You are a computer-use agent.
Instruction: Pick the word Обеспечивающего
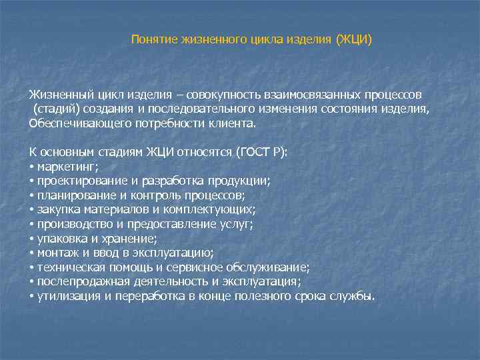coord(72,123)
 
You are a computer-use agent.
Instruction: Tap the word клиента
coord(233,123)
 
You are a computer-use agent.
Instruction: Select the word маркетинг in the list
coord(67,166)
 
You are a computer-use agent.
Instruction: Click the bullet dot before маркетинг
coord(32,167)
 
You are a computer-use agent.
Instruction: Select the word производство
coord(71,224)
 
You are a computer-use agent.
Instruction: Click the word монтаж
coord(56,253)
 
